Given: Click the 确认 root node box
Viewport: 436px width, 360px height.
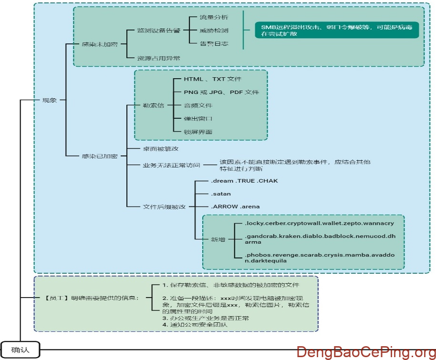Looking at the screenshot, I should point(20,350).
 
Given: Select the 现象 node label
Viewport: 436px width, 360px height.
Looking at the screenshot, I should point(50,100).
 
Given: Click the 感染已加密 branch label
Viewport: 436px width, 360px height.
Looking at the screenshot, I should point(99,156).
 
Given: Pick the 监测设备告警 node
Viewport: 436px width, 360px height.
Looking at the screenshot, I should point(158,31).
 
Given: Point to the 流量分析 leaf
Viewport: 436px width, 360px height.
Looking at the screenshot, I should point(214,17).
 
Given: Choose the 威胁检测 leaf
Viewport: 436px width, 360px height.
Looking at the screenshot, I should point(214,31).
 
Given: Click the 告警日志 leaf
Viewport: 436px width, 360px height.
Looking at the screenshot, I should point(214,43).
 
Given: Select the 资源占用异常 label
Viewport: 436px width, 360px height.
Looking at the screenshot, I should point(158,58).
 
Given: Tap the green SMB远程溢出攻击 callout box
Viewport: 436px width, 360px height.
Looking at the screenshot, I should point(337,31).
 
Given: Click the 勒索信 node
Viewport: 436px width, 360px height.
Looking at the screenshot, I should point(153,105).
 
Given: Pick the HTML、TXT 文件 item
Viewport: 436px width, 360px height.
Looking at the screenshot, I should point(213,79).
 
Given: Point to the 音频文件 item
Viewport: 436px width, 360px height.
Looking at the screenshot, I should point(198,105).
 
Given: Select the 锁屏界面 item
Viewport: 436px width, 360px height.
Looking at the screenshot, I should point(198,132).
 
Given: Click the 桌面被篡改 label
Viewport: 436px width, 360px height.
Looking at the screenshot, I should point(161,149).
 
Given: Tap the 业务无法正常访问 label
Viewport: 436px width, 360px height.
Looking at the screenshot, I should point(171,165).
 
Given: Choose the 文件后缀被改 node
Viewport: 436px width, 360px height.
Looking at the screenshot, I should point(165,206).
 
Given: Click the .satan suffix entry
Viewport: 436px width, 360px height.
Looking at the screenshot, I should point(221,194).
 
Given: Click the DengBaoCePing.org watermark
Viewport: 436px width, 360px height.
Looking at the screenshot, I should point(365,352).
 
